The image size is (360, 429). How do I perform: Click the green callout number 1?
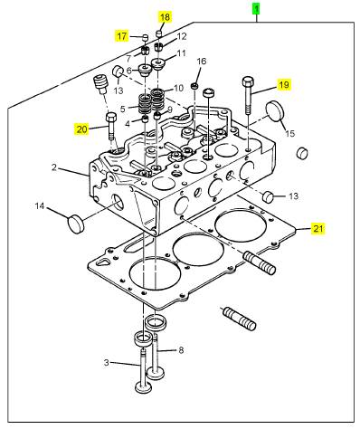(x=256, y=8)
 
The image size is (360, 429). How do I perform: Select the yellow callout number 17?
(x=122, y=36)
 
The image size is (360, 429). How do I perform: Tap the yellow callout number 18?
(x=166, y=17)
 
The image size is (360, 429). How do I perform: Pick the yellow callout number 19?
(x=284, y=85)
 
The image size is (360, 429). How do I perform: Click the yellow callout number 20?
(x=81, y=129)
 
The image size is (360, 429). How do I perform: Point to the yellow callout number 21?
(x=318, y=229)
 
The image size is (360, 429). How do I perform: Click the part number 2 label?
(x=54, y=167)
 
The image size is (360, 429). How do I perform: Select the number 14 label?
(x=40, y=206)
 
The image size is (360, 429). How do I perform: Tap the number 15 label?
(x=290, y=133)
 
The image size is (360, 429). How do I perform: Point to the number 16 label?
(x=202, y=62)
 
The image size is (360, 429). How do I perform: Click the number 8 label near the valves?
(x=181, y=350)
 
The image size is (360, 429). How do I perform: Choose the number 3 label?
(x=106, y=362)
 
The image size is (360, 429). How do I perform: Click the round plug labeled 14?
(x=76, y=224)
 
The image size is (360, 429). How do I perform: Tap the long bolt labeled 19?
(x=248, y=95)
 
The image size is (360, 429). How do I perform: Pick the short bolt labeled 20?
(x=111, y=126)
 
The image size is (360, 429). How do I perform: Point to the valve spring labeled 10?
(x=157, y=99)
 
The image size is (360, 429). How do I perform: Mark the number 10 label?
(x=178, y=88)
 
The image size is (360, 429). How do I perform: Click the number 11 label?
(x=182, y=53)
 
